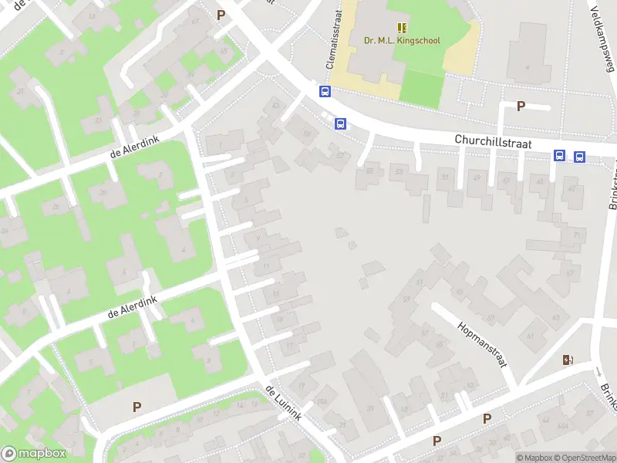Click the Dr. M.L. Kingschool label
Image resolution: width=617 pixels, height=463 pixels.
(x=402, y=39)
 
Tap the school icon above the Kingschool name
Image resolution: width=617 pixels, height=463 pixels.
(x=402, y=27)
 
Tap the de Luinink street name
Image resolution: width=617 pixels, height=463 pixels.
(x=282, y=403)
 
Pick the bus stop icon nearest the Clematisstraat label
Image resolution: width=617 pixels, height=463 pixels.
(x=325, y=91)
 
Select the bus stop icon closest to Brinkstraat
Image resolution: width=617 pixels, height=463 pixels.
(x=579, y=157)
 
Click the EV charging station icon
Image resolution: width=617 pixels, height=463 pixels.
(x=568, y=360)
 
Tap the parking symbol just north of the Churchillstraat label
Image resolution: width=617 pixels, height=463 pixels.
(x=521, y=106)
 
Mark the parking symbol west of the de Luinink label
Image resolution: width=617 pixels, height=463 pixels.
(x=137, y=407)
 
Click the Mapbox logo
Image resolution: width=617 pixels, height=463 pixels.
(x=33, y=454)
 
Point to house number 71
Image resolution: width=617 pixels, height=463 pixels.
(x=575, y=235)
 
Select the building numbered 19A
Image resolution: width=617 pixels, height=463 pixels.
(x=322, y=401)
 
